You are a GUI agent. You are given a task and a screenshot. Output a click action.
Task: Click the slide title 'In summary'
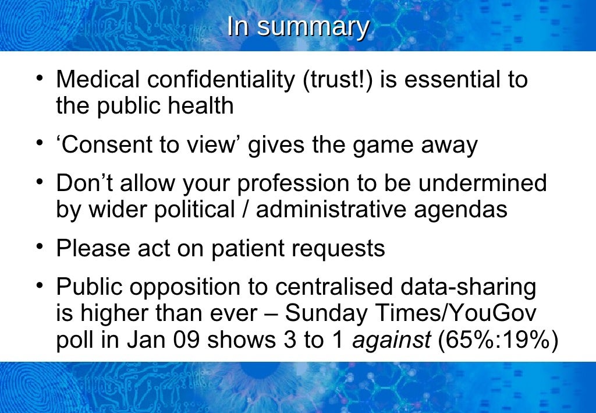[297, 27]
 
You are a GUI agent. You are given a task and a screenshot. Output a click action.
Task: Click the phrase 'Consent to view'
[152, 144]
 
